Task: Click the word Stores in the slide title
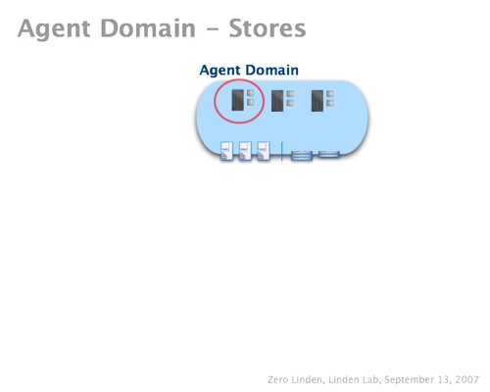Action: coord(268,28)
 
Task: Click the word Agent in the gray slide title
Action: coord(54,30)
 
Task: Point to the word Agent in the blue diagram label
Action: coord(220,71)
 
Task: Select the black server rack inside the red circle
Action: coord(237,100)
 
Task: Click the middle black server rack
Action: coord(277,101)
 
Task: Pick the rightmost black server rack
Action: coord(318,101)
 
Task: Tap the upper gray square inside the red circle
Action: coord(250,93)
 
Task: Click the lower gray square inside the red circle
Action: coord(250,103)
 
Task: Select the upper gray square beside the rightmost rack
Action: coord(330,94)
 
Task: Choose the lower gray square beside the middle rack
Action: coord(290,103)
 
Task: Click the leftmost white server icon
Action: coord(226,151)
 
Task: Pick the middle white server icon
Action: coord(245,151)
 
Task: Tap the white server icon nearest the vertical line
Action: coord(264,151)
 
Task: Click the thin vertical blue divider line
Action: coord(281,151)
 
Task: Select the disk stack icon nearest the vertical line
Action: coord(302,156)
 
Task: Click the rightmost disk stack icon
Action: coord(329,154)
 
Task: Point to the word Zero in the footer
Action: coord(278,380)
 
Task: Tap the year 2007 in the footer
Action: coord(467,380)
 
